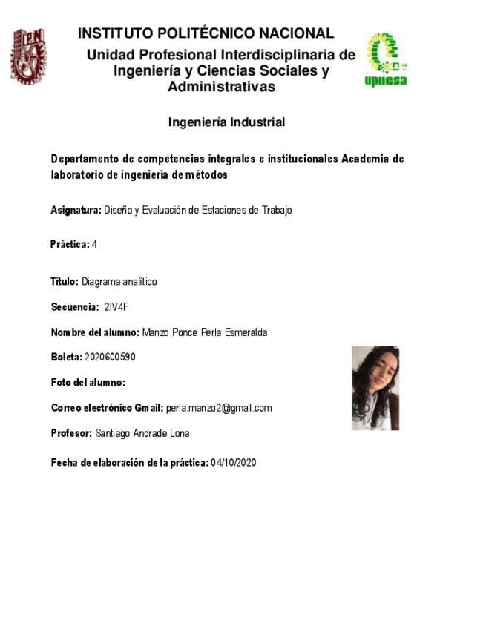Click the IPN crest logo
[27, 55]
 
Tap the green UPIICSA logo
[385, 59]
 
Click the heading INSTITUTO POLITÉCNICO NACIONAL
[206, 33]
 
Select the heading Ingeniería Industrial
[226, 122]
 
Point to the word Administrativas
[221, 87]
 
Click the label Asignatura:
[76, 210]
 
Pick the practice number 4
[94, 243]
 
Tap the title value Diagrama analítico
[119, 282]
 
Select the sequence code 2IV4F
[116, 306]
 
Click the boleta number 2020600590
[110, 357]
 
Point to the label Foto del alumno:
[88, 382]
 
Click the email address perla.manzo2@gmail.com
[219, 408]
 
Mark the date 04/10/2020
[233, 462]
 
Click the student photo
[375, 388]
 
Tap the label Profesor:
[71, 433]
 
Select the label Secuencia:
[74, 306]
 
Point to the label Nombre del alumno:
[95, 332]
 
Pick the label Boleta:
[66, 357]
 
